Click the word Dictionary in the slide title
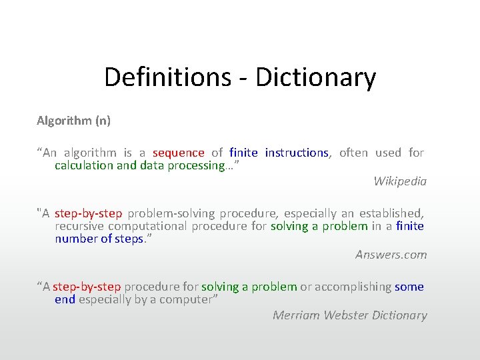315,77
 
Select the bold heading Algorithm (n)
73,121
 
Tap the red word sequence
178,153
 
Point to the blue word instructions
296,153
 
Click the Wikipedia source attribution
400,181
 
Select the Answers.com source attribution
391,254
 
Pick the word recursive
78,226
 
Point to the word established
391,213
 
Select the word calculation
84,165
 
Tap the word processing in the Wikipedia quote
198,165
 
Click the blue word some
409,287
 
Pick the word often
353,153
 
